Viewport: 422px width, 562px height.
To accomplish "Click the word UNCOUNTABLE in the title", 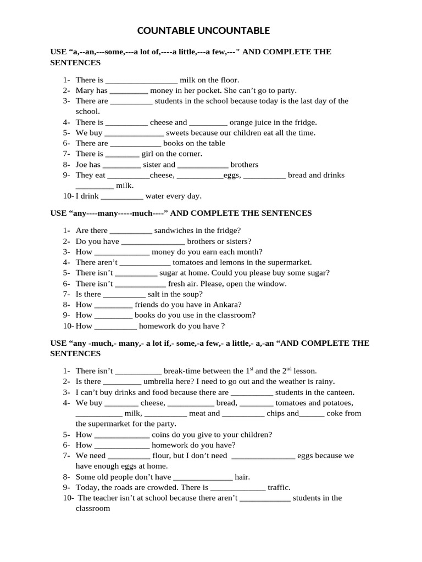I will (x=235, y=30).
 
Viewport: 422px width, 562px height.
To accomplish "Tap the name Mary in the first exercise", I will (x=85, y=91).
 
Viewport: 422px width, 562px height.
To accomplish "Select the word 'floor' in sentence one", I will (x=227, y=80).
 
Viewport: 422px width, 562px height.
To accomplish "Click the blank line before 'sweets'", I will (x=134, y=133).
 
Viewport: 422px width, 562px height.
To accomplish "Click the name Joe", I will (x=82, y=165).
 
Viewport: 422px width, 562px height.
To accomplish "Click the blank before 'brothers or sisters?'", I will (x=153, y=241).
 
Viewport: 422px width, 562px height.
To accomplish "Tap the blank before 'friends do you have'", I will (x=113, y=305).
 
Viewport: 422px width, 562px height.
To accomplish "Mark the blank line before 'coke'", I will (x=312, y=413).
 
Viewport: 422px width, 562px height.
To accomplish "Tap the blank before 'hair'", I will (x=203, y=477).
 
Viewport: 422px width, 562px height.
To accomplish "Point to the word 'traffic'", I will (x=279, y=487).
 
